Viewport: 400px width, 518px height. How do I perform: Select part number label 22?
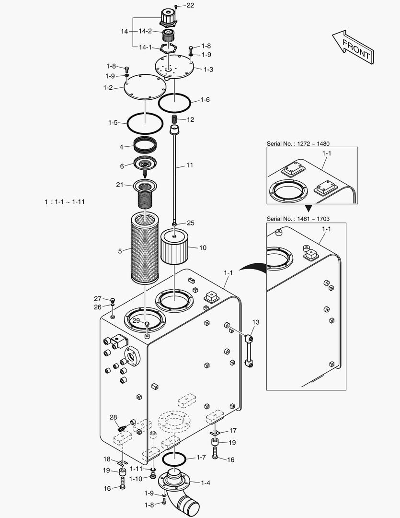coord(190,5)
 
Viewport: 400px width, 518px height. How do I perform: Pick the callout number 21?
coord(120,185)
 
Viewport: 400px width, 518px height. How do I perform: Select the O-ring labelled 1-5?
coord(145,123)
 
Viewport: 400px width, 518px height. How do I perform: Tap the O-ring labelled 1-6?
coord(175,102)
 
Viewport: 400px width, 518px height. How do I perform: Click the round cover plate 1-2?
coord(145,87)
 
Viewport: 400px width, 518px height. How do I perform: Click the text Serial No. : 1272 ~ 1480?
coord(297,143)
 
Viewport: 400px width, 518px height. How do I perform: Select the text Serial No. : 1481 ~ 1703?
coord(297,219)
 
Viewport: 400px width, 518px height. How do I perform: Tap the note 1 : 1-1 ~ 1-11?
coord(65,202)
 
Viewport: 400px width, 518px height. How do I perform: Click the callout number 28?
coord(113,417)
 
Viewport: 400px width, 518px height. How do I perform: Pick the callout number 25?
coord(190,223)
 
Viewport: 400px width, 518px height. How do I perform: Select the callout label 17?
coord(232,430)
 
